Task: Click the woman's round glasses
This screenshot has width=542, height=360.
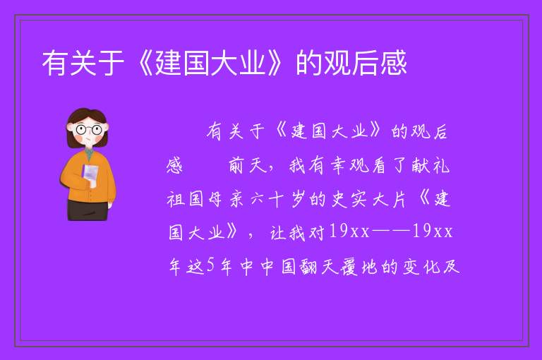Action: click(88, 130)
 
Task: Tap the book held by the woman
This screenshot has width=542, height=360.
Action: click(90, 175)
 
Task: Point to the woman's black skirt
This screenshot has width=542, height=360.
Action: click(88, 210)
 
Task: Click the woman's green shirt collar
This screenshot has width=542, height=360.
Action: click(89, 154)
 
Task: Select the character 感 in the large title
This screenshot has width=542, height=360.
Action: click(394, 63)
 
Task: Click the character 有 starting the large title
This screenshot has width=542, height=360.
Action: click(55, 63)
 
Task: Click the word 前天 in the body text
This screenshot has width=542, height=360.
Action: click(248, 165)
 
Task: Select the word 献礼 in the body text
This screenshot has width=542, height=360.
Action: click(430, 165)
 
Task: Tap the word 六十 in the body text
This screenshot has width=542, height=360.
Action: click(267, 199)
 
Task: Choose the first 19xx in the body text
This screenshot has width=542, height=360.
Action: click(349, 232)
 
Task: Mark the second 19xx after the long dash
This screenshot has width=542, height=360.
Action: click(432, 232)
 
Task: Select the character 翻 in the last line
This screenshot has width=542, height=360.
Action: click(308, 267)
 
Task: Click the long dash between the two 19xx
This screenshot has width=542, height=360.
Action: click(390, 232)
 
